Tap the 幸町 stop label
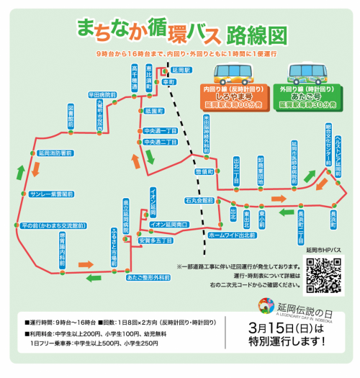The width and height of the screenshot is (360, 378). tap(170, 83)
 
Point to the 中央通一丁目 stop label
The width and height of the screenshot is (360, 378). tap(160, 131)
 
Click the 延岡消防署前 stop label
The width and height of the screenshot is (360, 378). tap(54, 153)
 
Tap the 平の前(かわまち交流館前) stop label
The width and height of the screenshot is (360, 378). tap(53, 225)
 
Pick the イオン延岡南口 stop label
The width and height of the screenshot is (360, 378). tap(169, 225)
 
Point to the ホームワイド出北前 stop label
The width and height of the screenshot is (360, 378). tap(230, 235)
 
